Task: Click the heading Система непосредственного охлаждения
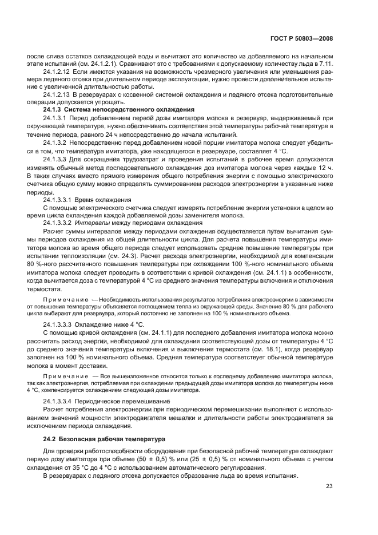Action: coord(129,108)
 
